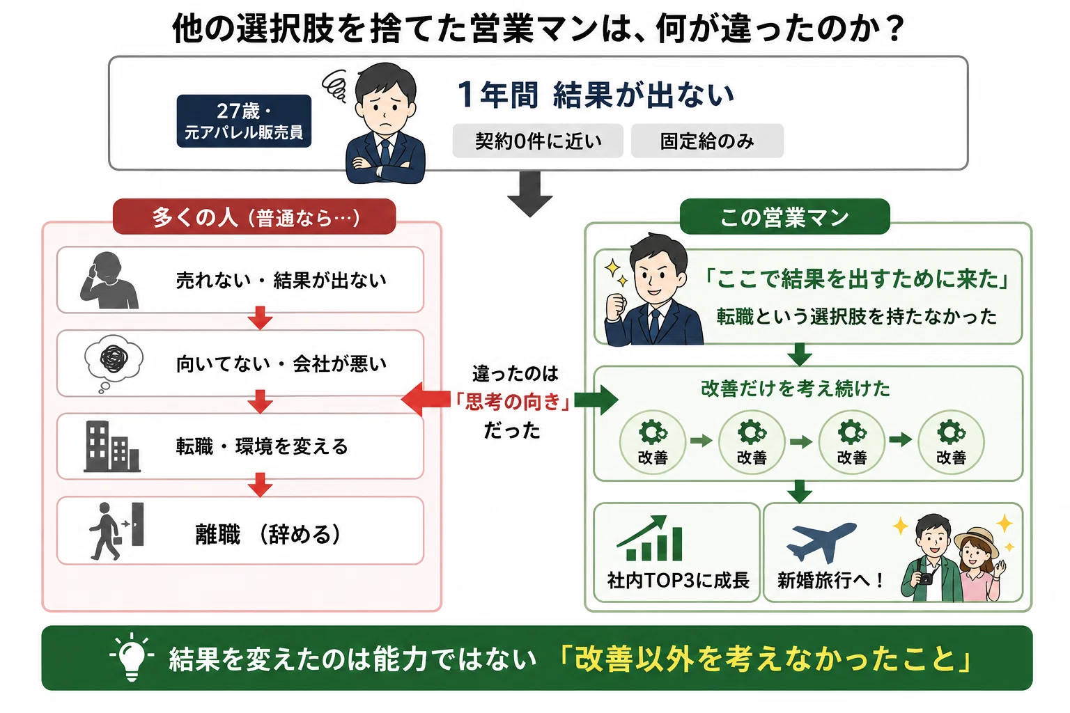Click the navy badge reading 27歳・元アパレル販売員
(x=244, y=121)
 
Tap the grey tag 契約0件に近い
(x=538, y=141)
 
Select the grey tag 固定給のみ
(x=708, y=141)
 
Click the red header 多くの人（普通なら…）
(x=254, y=217)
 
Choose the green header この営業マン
(x=785, y=217)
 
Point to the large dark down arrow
(x=529, y=194)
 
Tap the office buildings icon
(x=112, y=446)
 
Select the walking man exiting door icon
(x=117, y=531)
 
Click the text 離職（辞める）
(x=268, y=534)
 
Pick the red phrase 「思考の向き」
(x=512, y=402)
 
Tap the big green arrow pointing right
(x=596, y=400)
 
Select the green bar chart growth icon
(x=650, y=538)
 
